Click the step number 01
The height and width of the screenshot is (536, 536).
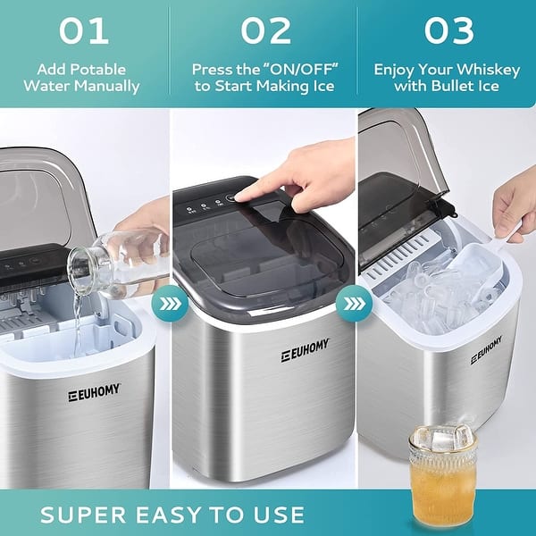84,30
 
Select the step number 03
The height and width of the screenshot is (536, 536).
448,30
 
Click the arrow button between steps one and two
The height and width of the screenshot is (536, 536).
169,303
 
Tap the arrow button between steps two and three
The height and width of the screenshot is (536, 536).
351,303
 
